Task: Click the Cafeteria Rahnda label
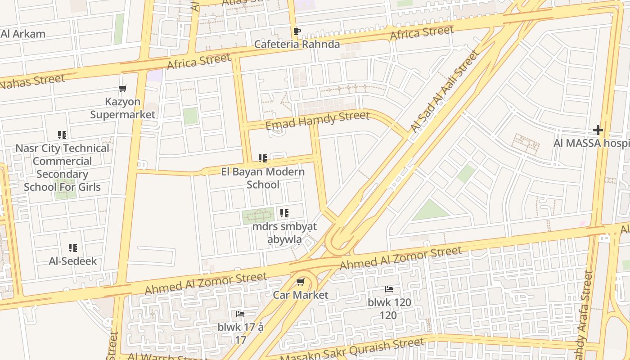(x=297, y=44)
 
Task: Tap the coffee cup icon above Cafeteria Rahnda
(x=297, y=31)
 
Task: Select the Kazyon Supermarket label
(x=122, y=108)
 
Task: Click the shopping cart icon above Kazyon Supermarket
(x=122, y=88)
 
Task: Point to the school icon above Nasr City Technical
(x=62, y=135)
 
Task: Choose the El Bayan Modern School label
(x=263, y=178)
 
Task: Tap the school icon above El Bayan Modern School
(x=263, y=158)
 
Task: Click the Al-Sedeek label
(x=73, y=261)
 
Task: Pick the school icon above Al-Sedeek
(x=73, y=248)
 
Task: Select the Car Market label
(x=301, y=295)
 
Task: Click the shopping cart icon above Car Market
(x=300, y=282)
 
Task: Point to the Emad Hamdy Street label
(x=317, y=120)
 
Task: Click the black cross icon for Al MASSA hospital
(x=598, y=130)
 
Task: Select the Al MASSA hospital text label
(x=592, y=144)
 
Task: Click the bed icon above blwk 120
(x=389, y=289)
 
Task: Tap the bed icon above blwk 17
(x=240, y=314)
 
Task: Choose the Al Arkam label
(x=23, y=34)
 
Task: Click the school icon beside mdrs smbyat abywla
(x=284, y=213)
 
